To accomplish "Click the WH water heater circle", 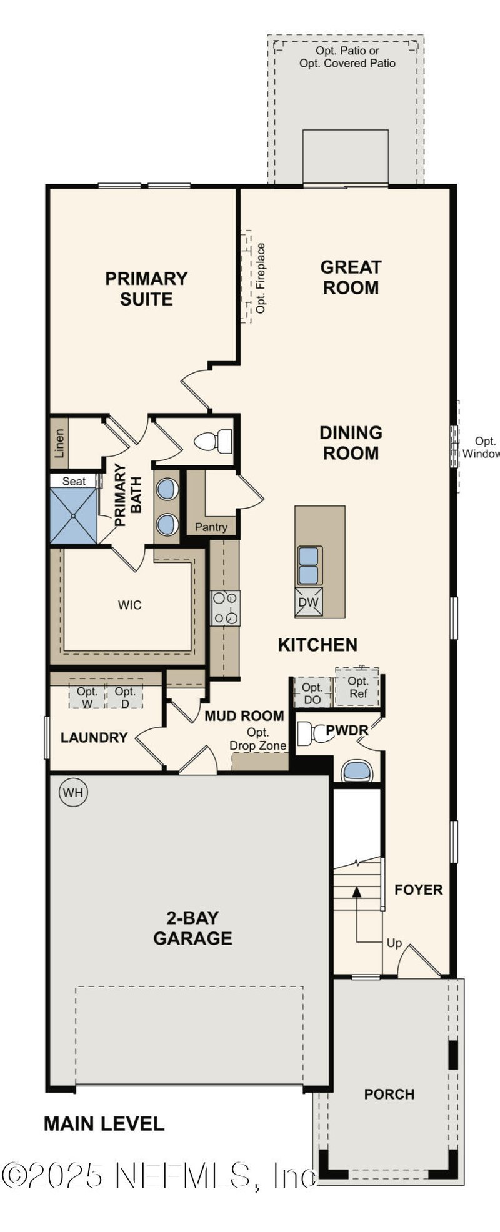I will (73, 793).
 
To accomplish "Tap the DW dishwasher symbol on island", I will (309, 602).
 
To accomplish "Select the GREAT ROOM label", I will (351, 277).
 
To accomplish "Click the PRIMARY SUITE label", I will (146, 288).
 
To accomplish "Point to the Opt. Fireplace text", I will (261, 278).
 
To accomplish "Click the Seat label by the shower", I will (74, 481).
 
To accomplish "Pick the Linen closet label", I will (59, 443).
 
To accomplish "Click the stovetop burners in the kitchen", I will (225, 608).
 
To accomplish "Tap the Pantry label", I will (211, 527).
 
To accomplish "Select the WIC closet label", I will (129, 605).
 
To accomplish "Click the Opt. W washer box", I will (87, 696).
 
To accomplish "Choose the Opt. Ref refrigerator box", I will (357, 687).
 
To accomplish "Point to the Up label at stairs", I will (394, 943).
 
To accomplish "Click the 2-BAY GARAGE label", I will (192, 928).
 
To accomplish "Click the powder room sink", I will (358, 771).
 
